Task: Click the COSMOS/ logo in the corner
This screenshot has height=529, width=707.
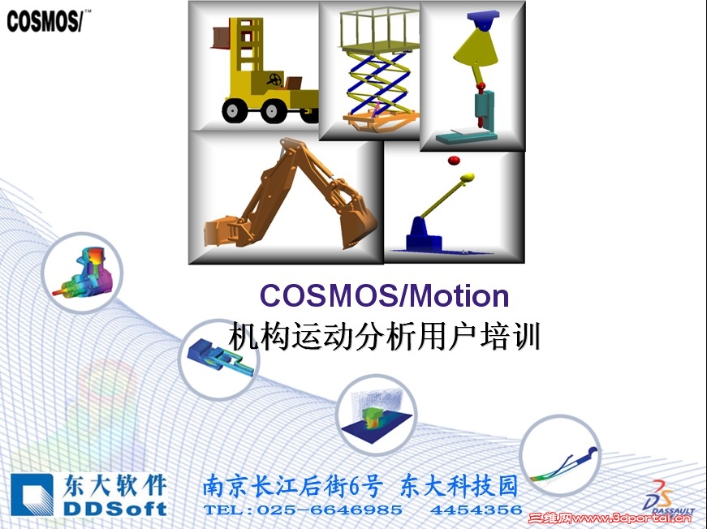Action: click(x=45, y=22)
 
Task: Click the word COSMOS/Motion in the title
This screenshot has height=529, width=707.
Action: click(x=384, y=296)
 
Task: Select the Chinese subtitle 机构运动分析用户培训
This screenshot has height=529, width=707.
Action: click(x=384, y=334)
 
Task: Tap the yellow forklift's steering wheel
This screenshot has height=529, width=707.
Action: click(x=277, y=80)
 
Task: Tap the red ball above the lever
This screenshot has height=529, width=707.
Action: click(x=454, y=159)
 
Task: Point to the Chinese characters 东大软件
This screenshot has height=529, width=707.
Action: click(x=114, y=486)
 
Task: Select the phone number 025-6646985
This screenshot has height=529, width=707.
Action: click(x=330, y=510)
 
